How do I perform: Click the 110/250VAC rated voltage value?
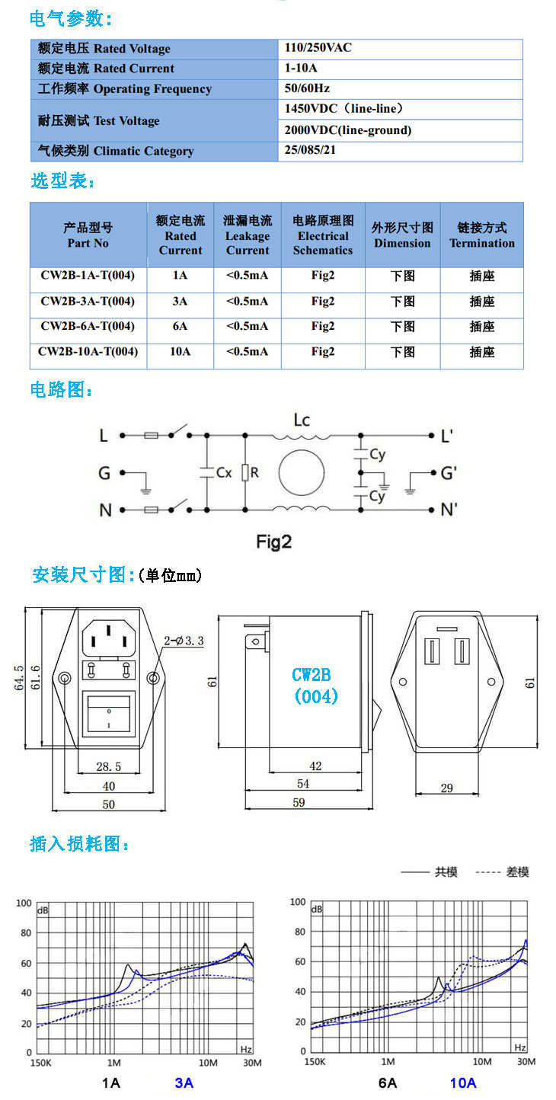tap(318, 48)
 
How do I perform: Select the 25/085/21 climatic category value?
tap(310, 150)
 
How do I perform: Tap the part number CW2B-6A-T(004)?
tap(88, 326)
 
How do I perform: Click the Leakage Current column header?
tap(248, 235)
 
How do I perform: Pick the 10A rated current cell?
tap(180, 352)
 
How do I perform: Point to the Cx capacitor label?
tap(224, 472)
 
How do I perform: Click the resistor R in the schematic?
tap(245, 472)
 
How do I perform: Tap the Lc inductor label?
tap(302, 420)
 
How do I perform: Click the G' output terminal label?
tap(449, 473)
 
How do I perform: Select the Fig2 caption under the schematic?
tap(273, 542)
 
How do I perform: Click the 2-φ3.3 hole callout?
tap(184, 641)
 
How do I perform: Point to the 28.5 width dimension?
tap(109, 766)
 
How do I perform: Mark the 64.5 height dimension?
tap(19, 678)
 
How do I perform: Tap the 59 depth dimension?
tap(299, 802)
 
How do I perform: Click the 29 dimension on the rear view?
tap(446, 788)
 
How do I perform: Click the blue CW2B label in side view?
tap(312, 675)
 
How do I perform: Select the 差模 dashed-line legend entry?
tap(502, 871)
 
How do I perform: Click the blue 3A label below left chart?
tap(184, 1082)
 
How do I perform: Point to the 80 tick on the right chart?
tap(299, 932)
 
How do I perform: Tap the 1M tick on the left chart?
tap(114, 1063)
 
